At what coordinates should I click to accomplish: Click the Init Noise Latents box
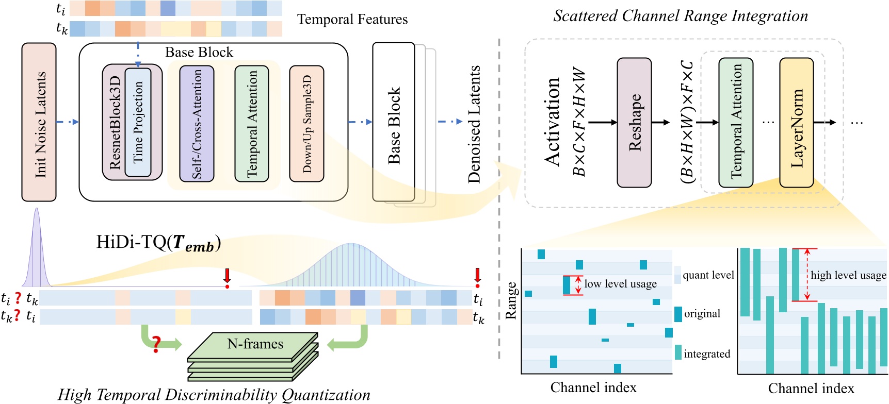[x=39, y=122]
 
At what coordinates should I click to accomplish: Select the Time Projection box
[x=138, y=122]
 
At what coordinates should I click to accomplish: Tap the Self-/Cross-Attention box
[x=197, y=124]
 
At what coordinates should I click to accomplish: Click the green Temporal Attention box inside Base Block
[x=252, y=124]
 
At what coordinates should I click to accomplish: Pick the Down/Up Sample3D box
[x=306, y=124]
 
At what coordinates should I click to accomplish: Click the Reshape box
[x=634, y=122]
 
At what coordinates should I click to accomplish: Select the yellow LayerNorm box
[x=796, y=122]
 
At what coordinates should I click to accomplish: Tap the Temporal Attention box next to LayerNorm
[x=736, y=122]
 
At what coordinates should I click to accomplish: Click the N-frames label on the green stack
[x=255, y=344]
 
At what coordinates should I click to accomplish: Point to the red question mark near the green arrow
[x=156, y=344]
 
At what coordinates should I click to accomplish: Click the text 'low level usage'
[x=620, y=284]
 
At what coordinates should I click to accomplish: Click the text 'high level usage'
[x=848, y=275]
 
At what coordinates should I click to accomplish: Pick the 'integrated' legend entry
[x=706, y=353]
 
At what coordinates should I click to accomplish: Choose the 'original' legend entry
[x=702, y=314]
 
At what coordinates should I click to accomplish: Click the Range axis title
[x=511, y=300]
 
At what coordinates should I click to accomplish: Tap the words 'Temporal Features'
[x=352, y=20]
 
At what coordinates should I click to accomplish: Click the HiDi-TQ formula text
[x=158, y=242]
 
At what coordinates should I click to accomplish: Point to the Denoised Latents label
[x=474, y=124]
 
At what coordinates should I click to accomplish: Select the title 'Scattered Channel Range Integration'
[x=681, y=15]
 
